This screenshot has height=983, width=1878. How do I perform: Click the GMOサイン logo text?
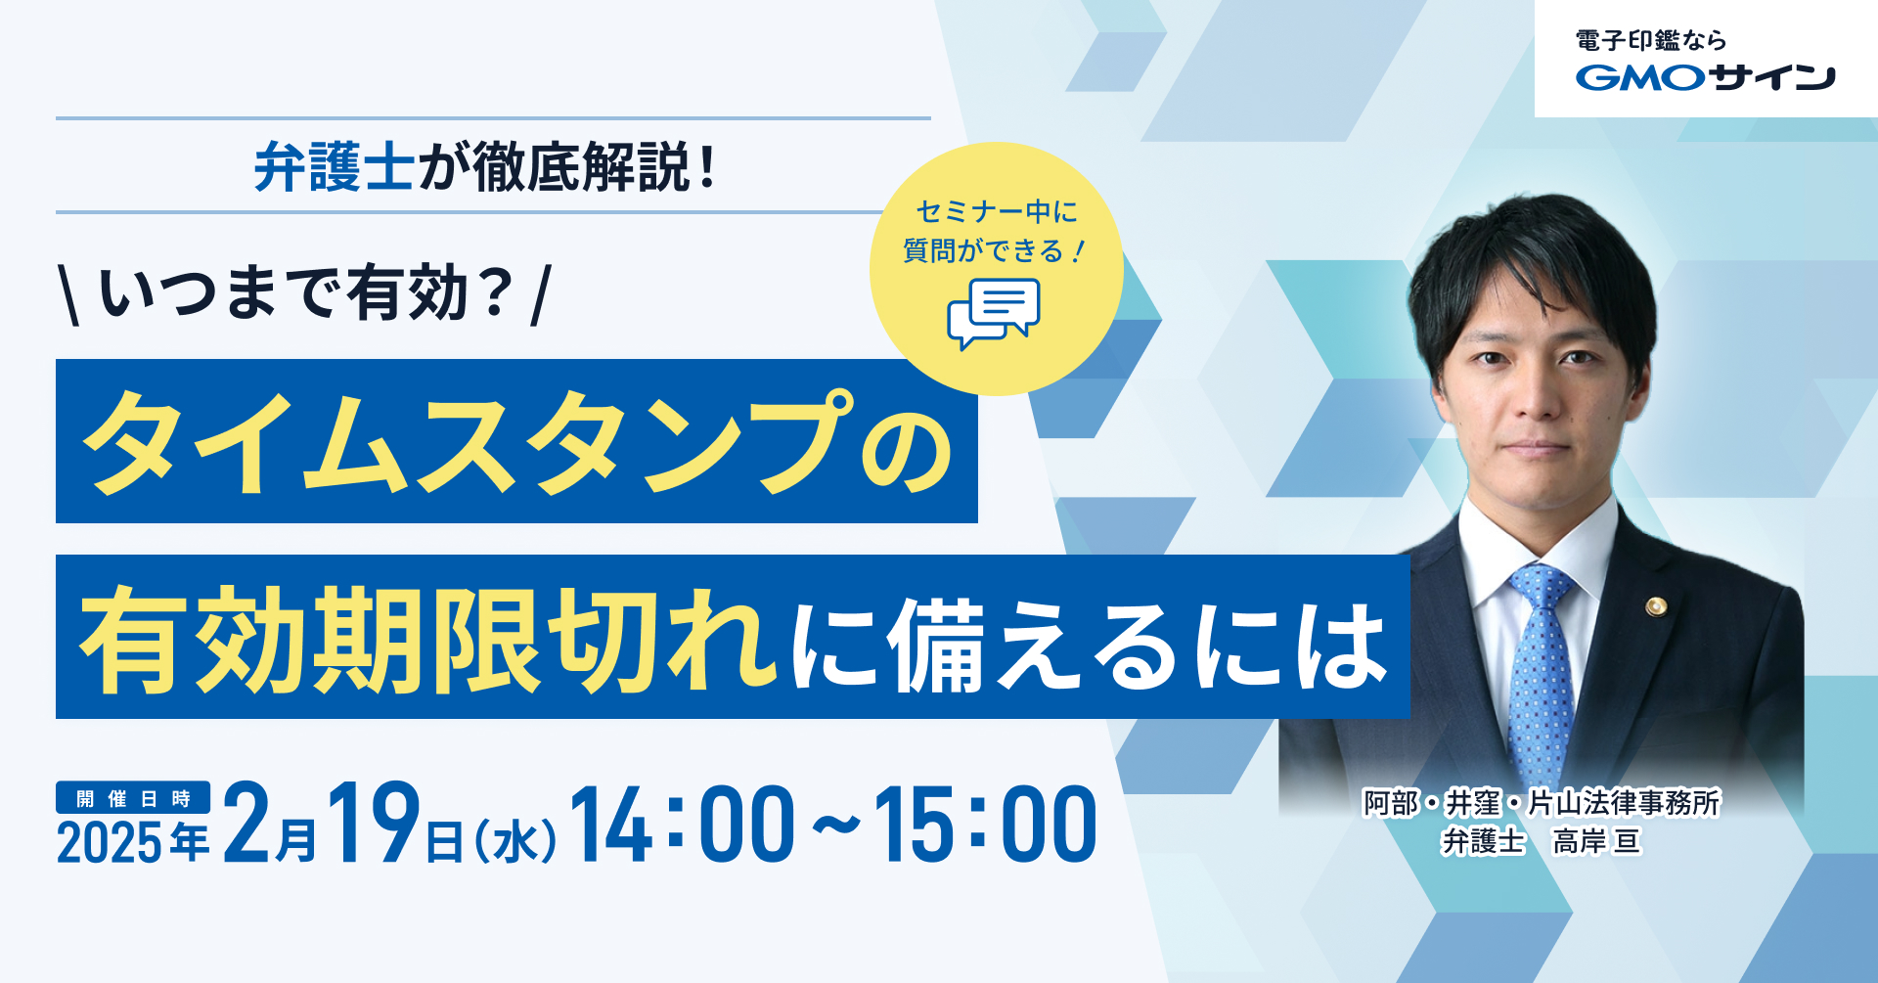1705,77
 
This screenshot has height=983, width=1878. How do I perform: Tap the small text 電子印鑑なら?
1650,40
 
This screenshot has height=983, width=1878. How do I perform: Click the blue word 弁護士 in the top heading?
334,167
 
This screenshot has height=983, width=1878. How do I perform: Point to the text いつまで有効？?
306,293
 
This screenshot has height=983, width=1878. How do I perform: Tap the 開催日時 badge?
133,798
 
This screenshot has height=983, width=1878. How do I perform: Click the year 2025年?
133,842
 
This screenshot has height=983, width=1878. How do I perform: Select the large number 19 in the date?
375,824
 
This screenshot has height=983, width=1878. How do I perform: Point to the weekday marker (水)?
515,842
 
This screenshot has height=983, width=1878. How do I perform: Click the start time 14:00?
683,824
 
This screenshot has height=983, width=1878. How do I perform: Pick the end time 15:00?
985,824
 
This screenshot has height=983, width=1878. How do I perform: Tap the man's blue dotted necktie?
1542,675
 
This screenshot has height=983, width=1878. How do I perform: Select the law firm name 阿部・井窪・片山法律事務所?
1542,803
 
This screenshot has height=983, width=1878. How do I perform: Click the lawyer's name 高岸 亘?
1596,841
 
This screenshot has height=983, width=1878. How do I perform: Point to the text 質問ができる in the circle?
983,251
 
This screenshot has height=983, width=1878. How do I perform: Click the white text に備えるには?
1090,644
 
